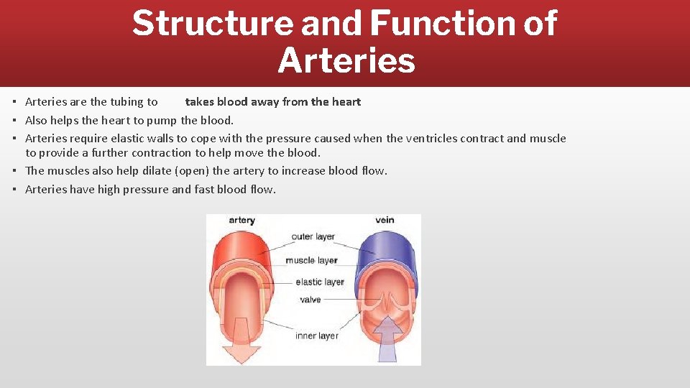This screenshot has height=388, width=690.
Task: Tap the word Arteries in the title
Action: point(346,60)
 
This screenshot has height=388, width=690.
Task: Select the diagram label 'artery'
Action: point(242,220)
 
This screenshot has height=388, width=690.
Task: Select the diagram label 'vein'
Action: point(385,220)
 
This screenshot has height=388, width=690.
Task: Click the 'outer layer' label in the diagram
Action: point(313,237)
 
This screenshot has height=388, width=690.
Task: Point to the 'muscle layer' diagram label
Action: point(311,260)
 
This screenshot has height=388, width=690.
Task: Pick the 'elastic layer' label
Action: point(320,282)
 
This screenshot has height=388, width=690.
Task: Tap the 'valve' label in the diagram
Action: point(310,300)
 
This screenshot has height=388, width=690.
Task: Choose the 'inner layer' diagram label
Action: point(316,336)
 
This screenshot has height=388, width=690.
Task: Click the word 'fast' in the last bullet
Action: point(206,190)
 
